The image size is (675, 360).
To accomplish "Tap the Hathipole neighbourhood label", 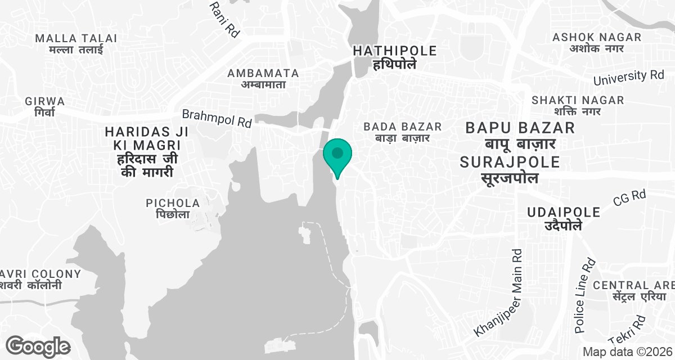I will [x=394, y=57].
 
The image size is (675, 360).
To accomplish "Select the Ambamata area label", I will [x=263, y=79].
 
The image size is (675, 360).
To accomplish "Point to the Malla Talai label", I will [x=76, y=44].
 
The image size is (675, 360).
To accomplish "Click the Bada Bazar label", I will [x=402, y=132].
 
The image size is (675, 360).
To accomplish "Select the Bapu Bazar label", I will [x=520, y=136].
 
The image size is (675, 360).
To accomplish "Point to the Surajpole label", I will [x=510, y=170].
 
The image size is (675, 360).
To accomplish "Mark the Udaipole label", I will [x=564, y=219].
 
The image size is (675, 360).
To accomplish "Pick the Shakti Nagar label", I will [x=578, y=106].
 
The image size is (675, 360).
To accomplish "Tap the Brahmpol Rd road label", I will [x=217, y=118].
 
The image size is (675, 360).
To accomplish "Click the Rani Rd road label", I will [x=224, y=19].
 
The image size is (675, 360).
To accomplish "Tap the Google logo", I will [x=38, y=346].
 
